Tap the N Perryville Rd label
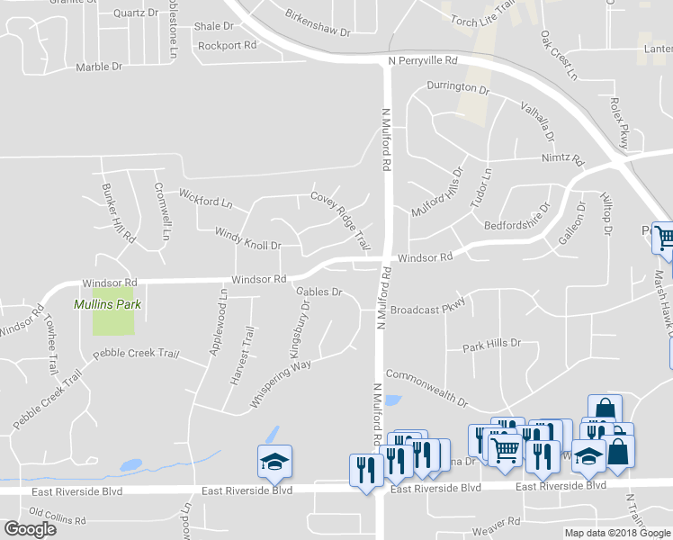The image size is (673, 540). pos(423,60)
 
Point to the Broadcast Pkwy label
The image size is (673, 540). pos(427,308)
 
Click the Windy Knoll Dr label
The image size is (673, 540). pos(247,238)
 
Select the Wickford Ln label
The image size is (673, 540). pos(205,197)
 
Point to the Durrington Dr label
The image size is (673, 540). pos(457,89)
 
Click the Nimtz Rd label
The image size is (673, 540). pos(562,160)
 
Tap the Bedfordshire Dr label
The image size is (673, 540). pos(516,219)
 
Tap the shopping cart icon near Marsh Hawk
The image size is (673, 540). pos(664,238)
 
